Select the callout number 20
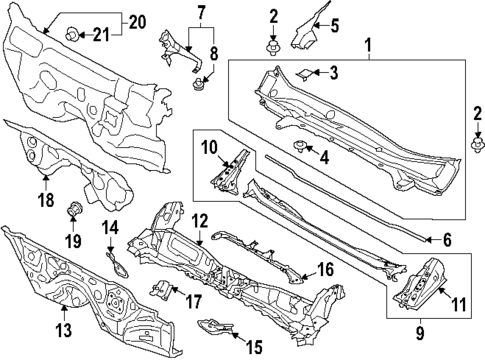[x=136, y=21]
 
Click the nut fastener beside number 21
[x=73, y=36]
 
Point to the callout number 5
[x=335, y=26]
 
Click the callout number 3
[x=335, y=72]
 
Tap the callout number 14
[x=111, y=228]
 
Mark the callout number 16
[x=325, y=269]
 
